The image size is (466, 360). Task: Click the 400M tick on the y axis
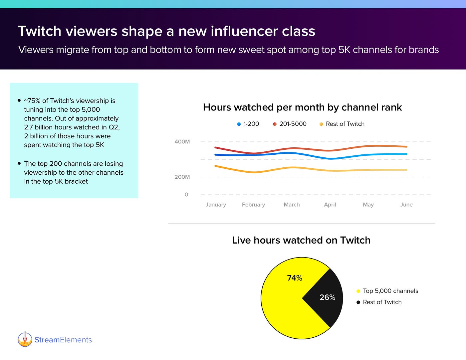click(x=182, y=142)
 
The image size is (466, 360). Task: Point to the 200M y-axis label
click(x=182, y=177)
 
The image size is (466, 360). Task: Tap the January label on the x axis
click(x=216, y=205)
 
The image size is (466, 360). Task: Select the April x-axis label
click(x=330, y=205)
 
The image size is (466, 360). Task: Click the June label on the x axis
click(x=406, y=205)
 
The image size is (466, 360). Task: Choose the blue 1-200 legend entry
click(x=248, y=124)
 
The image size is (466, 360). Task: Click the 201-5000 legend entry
click(x=290, y=124)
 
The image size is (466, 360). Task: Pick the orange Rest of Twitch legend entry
click(x=342, y=124)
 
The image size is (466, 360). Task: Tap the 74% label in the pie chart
click(x=295, y=278)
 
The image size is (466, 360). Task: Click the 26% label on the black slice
click(x=327, y=297)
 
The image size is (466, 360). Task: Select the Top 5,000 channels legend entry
click(x=387, y=291)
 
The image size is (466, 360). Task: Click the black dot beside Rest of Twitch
click(x=358, y=302)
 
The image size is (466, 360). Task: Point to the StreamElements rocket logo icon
click(x=25, y=339)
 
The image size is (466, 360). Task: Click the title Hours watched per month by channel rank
click(x=302, y=107)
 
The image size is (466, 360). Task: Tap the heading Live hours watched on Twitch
click(x=301, y=240)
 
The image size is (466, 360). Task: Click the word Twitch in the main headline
click(x=40, y=31)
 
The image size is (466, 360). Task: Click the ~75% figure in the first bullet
click(x=32, y=101)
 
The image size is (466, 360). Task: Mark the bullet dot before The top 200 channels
click(x=19, y=163)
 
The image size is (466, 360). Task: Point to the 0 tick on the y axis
click(x=186, y=195)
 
